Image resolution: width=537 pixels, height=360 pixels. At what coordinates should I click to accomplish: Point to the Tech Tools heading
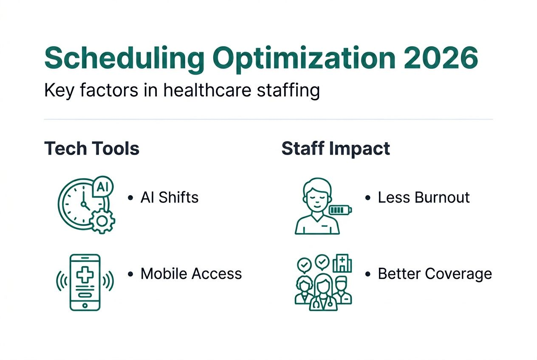coord(92,149)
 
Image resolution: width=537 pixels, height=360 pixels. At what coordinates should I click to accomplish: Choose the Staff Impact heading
coord(336,149)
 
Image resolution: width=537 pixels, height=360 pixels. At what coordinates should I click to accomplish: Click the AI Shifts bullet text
coord(170,197)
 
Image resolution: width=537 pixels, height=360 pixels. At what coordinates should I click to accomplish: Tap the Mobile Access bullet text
coord(191,273)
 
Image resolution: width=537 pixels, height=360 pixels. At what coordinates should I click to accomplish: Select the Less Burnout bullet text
coord(424,197)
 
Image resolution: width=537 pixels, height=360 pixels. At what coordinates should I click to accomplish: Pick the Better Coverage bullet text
coord(435,273)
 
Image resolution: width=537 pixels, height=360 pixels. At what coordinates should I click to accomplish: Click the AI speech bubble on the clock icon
coord(102,187)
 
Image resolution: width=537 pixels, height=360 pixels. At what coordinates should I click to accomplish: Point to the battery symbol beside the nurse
coord(340,210)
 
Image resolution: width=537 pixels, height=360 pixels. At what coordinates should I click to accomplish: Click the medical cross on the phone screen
coord(85,274)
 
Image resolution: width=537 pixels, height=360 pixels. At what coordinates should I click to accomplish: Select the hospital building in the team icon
coord(342,263)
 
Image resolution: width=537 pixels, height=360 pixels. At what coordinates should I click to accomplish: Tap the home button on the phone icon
coord(85,305)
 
